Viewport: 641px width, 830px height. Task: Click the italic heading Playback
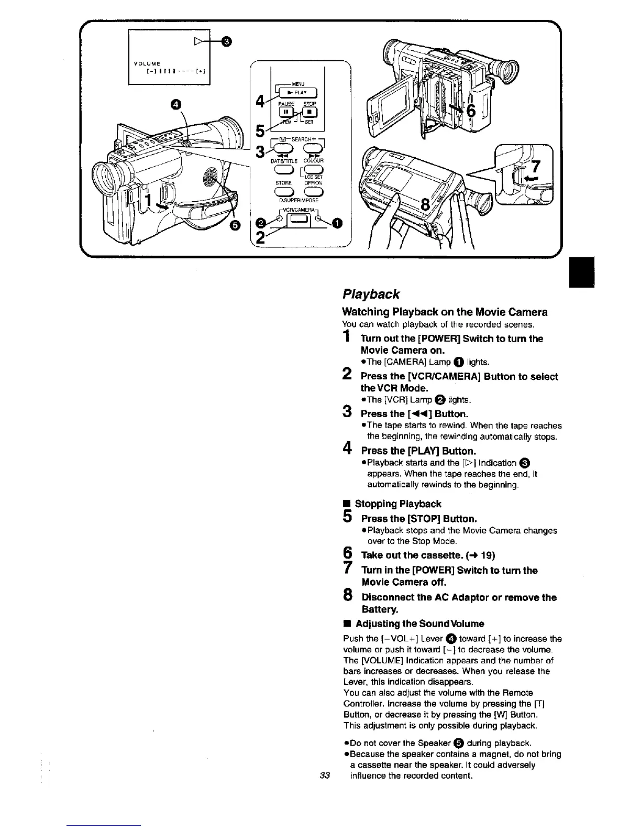click(x=371, y=293)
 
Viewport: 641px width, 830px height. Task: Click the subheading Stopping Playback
click(x=397, y=504)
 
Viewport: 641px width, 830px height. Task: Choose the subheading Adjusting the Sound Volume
click(x=419, y=624)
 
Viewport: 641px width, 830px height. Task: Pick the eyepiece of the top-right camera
click(x=506, y=68)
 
